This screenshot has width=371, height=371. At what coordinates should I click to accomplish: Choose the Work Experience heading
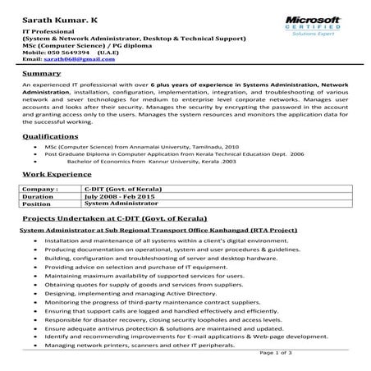(56, 176)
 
